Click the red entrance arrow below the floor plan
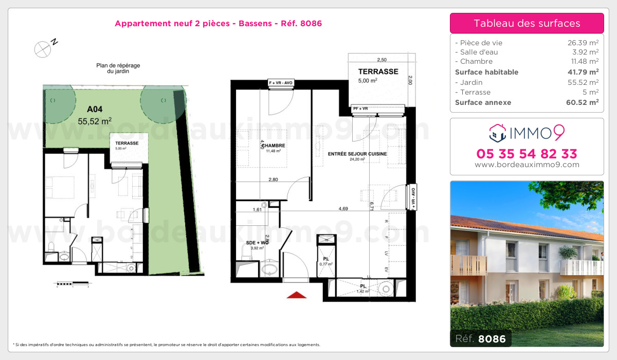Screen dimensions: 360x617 pos(296,295)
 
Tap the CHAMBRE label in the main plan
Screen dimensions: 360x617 pos(276,146)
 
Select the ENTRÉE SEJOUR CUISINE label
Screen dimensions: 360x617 pos(357,154)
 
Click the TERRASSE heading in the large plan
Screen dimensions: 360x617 pos(378,71)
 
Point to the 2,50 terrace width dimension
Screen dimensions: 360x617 pos(382,60)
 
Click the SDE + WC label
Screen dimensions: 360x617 pos(257,242)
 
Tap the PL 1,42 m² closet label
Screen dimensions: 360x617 pos(363,286)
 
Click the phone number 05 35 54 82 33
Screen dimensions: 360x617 pos(527,154)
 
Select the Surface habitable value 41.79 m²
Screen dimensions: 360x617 pos(583,72)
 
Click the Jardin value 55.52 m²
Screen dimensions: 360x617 pos(583,82)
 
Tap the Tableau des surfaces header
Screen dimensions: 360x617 pos(527,23)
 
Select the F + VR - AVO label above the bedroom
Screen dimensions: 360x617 pos(281,82)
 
